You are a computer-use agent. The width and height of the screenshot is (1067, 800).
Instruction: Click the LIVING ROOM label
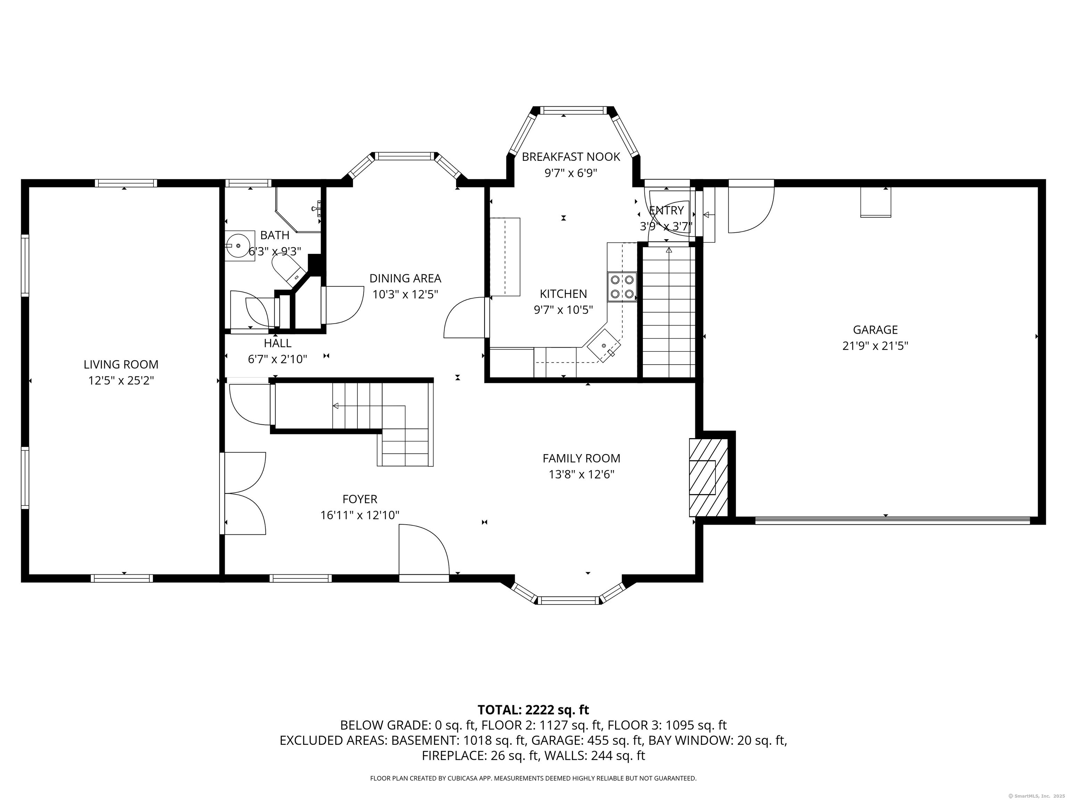point(121,365)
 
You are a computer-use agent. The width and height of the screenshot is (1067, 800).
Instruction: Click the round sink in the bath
point(238,245)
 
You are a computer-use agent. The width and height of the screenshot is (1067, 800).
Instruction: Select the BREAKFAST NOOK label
point(571,157)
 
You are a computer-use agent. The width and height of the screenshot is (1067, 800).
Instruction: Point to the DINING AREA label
point(405,278)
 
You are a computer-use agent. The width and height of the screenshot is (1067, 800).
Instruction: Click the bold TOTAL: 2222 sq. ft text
point(533,709)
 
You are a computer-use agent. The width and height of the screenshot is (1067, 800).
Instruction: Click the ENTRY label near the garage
point(667,210)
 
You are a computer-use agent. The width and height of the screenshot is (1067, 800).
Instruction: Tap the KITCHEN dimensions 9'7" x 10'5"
point(563,310)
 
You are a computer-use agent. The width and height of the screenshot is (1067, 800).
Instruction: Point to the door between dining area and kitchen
point(464,318)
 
